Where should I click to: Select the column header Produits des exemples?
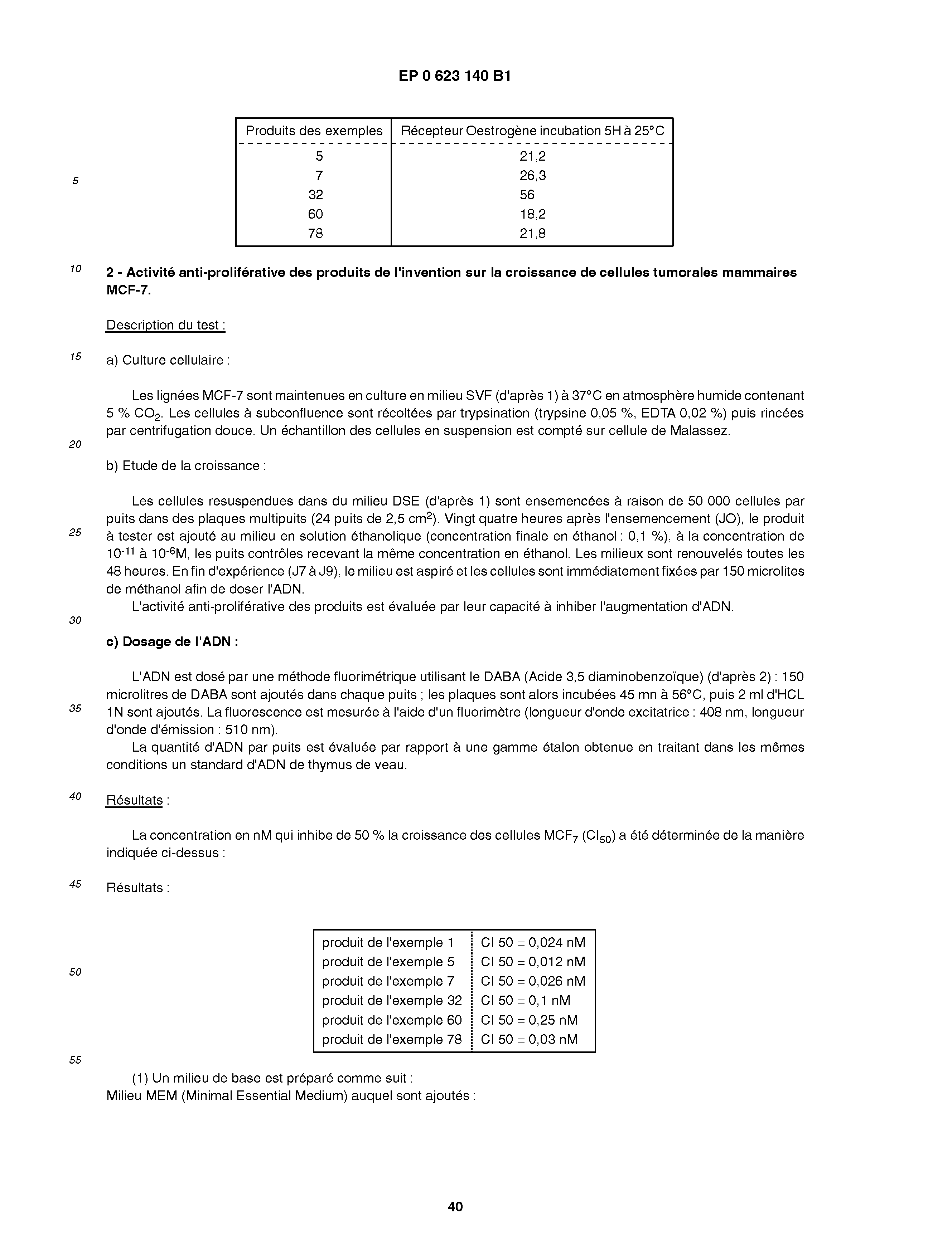pos(314,131)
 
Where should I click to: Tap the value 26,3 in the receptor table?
pos(532,176)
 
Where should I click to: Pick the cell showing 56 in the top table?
pos(527,195)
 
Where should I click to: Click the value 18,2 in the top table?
pos(532,214)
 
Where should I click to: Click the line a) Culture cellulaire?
pos(168,360)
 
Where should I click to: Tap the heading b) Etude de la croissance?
pos(186,466)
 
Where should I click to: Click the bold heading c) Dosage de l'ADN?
pos(172,641)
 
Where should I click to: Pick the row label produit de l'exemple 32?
pos(392,1001)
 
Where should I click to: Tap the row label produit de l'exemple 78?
pos(392,1040)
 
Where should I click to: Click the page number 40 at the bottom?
pos(455,1207)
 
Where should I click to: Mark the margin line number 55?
pos(75,1060)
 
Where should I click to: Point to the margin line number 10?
pos(75,269)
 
